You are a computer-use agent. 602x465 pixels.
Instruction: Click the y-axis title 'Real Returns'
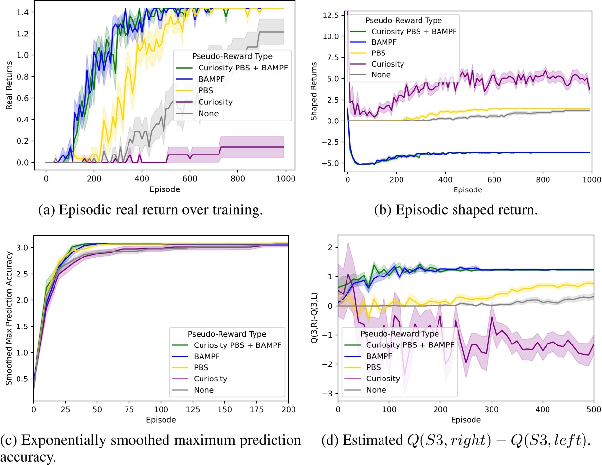point(9,86)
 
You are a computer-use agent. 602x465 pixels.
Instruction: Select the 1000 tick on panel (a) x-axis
point(286,179)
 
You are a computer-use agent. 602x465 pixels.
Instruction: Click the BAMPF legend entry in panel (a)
point(208,79)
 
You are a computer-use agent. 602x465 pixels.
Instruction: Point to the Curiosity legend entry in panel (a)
point(215,102)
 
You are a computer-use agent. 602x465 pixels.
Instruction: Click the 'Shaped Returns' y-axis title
point(314,91)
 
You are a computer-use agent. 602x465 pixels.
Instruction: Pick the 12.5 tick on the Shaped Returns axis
point(330,16)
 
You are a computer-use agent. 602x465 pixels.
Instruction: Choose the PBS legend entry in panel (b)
point(378,53)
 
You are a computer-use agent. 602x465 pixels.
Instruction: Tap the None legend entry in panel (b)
point(381,75)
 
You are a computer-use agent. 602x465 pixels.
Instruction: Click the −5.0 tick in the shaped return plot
point(330,163)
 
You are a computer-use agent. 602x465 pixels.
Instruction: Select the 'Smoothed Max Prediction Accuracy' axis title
point(9,318)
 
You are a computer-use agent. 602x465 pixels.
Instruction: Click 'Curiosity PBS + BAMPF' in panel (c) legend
point(237,345)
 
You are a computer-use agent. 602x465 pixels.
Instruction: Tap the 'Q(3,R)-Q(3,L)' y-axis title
point(314,318)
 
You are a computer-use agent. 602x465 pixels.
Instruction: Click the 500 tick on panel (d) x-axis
point(594,410)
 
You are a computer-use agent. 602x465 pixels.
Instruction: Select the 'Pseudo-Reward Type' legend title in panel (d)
point(399,334)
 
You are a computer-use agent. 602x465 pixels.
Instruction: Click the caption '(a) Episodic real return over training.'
point(151,210)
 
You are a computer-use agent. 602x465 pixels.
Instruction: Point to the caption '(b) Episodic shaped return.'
point(456,210)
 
